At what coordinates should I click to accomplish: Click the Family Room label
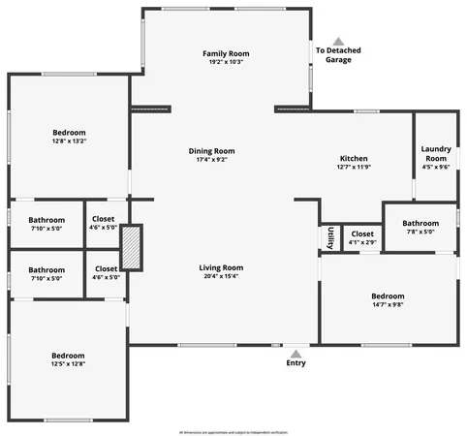coord(226,52)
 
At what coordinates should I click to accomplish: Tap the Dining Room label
coord(210,150)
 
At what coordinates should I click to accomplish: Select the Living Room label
coord(221,266)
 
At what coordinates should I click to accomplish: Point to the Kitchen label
coord(354,158)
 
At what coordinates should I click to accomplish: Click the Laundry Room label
coord(436,153)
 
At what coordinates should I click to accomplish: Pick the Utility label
coord(330,237)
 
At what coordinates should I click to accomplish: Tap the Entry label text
coord(296,363)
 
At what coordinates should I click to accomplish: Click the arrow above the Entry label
coord(296,354)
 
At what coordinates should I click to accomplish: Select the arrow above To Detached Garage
coord(338,42)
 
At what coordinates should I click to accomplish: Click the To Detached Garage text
coord(333,55)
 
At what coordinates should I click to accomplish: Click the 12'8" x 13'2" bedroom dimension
coord(69,140)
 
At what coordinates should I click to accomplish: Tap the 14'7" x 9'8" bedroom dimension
coord(388,304)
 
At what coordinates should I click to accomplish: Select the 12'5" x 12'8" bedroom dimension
coord(68,364)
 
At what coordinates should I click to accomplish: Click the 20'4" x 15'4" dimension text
coord(221,276)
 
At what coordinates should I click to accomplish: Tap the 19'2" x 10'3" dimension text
coord(226,61)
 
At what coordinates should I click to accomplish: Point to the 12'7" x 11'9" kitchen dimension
coord(354,167)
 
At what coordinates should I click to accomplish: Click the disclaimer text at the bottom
coord(233,430)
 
